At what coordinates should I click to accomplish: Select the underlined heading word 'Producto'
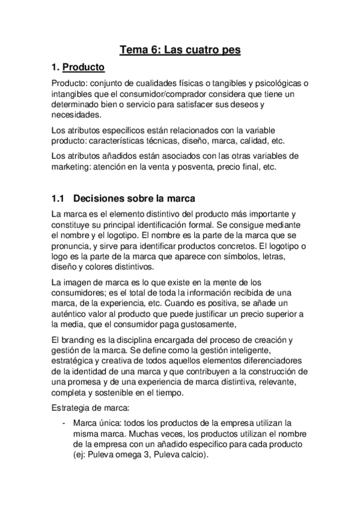coord(84,67)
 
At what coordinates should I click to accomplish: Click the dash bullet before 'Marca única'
coord(64,423)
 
